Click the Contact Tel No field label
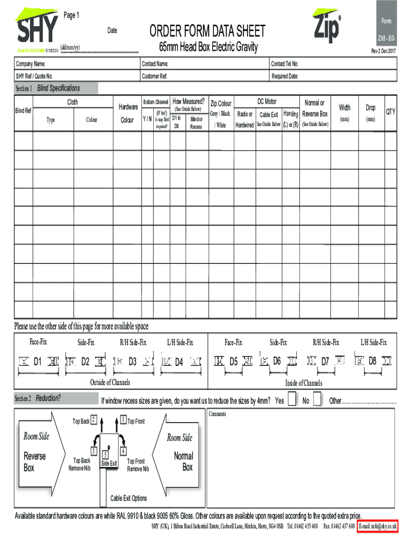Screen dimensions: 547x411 click(x=285, y=64)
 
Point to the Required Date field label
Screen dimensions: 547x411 click(x=285, y=76)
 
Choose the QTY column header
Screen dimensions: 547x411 click(x=391, y=112)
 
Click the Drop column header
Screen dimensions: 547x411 click(x=370, y=108)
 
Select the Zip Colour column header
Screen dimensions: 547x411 click(x=221, y=104)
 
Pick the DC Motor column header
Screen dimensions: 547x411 click(x=267, y=101)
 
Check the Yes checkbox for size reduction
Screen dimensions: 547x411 click(x=292, y=400)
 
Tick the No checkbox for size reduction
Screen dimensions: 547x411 click(x=317, y=400)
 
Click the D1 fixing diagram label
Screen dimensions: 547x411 click(x=38, y=362)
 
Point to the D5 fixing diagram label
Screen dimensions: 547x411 click(x=233, y=362)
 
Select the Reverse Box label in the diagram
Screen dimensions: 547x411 click(x=35, y=462)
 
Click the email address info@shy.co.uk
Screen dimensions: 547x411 click(x=378, y=527)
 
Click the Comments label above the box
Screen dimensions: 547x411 click(x=218, y=414)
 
